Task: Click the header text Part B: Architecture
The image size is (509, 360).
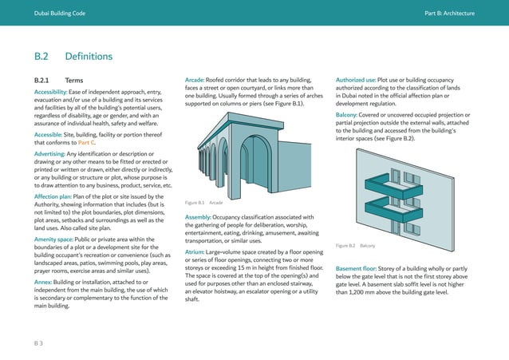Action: pos(449,14)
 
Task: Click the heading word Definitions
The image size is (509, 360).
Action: pos(89,57)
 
